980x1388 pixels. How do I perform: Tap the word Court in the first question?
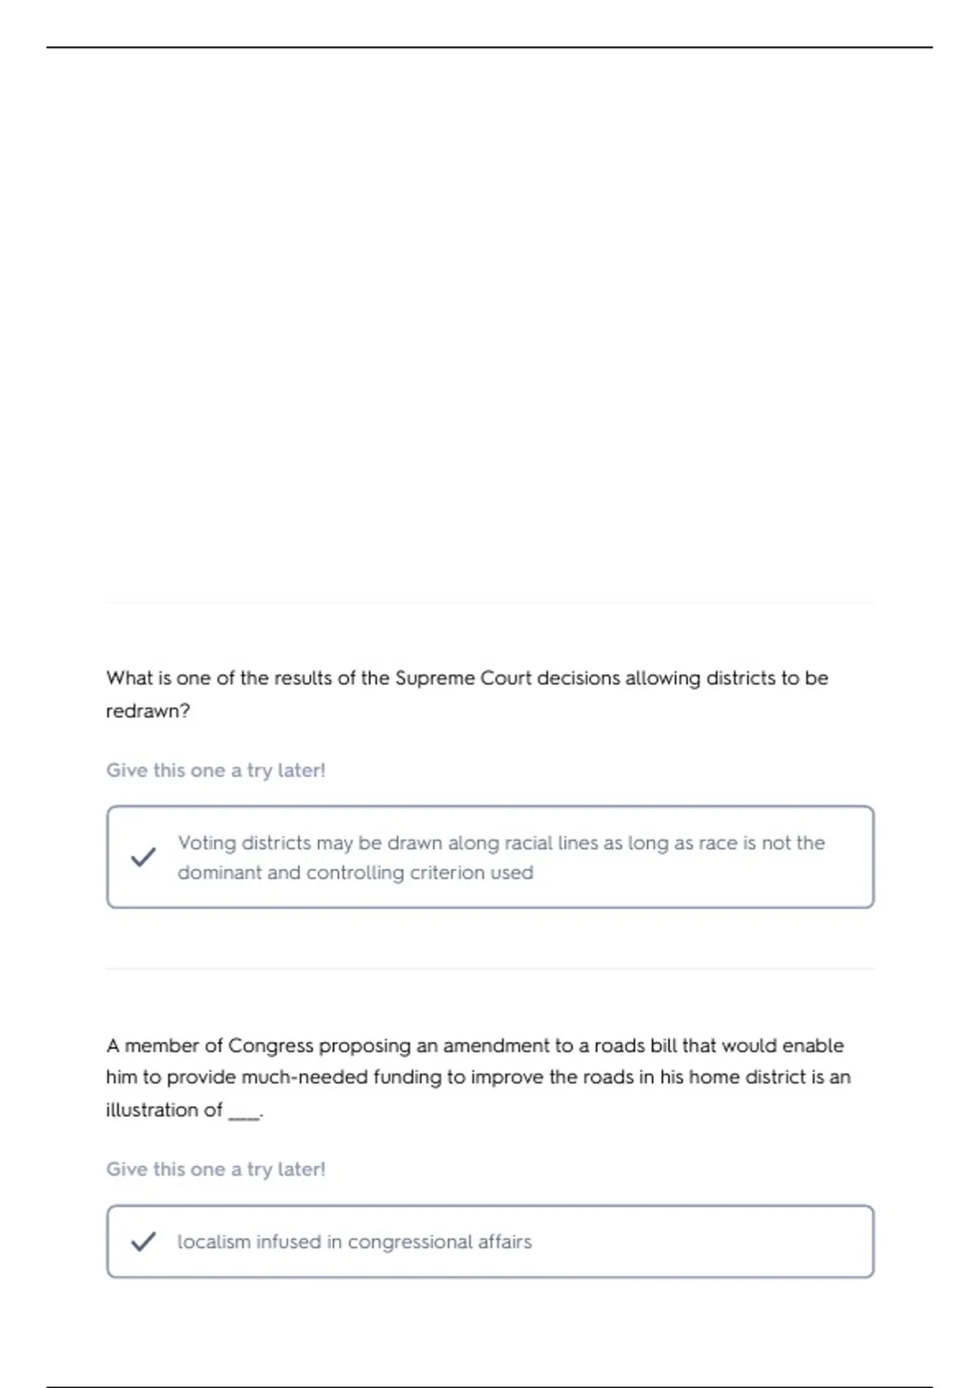[506, 678]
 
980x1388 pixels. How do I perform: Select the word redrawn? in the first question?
[148, 711]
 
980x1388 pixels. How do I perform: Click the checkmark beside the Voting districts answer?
[144, 857]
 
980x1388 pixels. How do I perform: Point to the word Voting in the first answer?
[207, 843]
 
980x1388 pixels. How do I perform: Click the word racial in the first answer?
[528, 843]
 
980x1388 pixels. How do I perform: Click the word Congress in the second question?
[270, 1046]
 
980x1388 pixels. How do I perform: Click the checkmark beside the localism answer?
[144, 1242]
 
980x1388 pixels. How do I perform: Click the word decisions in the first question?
[578, 678]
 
